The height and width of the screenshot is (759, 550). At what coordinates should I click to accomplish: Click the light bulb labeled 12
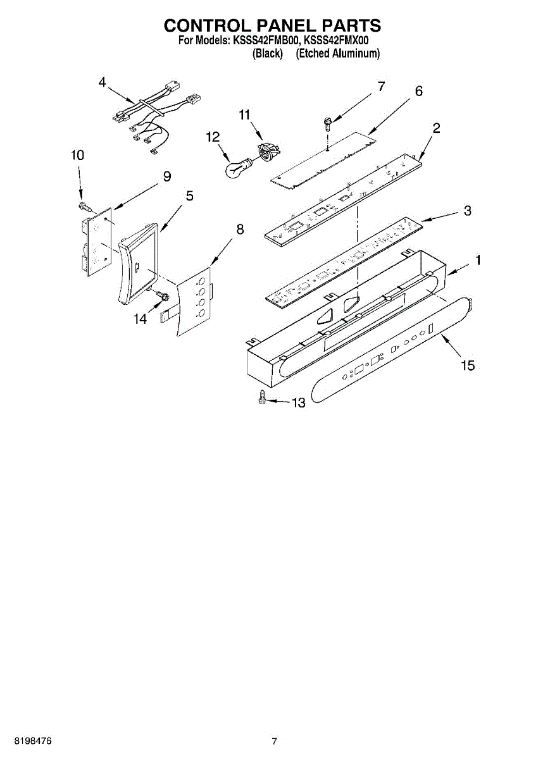[x=237, y=169]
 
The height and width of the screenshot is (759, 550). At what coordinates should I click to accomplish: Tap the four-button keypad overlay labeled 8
[x=192, y=300]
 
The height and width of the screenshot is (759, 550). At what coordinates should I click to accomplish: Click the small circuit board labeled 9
[x=95, y=244]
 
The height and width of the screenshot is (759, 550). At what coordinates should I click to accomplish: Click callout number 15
[x=468, y=366]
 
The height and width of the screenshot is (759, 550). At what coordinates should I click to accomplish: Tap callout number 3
[x=467, y=211]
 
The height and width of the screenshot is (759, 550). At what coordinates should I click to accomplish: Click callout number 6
[x=418, y=91]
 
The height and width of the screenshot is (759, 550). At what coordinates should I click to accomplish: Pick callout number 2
[x=437, y=127]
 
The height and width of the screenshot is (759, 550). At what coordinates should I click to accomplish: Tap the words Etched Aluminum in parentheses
[x=338, y=54]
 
